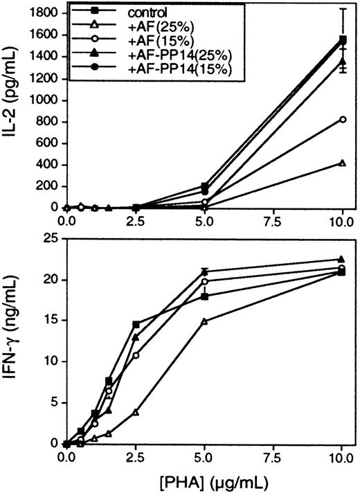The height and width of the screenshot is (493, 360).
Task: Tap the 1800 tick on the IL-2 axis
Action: tap(45, 12)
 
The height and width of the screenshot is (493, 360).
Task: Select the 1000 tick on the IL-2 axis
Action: tap(45, 100)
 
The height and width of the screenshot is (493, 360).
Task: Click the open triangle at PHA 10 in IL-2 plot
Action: tap(343, 163)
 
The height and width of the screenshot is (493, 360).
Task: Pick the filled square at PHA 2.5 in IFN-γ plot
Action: tap(136, 325)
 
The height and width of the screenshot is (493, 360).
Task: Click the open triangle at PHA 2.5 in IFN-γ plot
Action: tap(136, 412)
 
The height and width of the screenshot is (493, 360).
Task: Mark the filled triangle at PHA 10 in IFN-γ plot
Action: tap(343, 260)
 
